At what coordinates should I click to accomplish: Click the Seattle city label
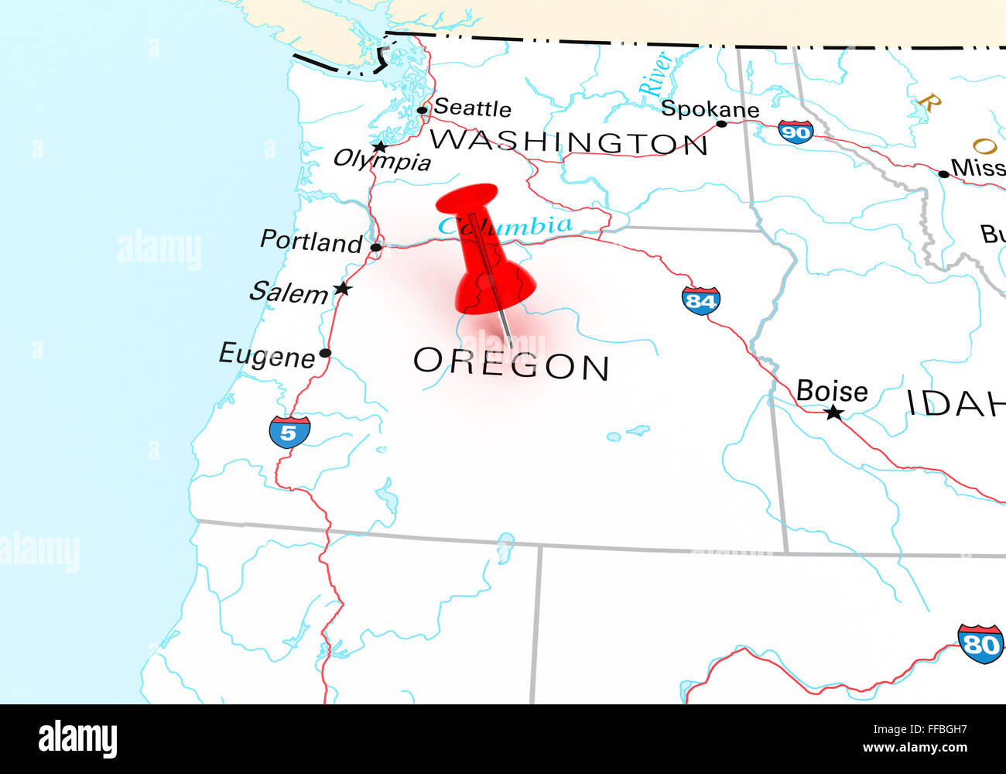tap(472, 108)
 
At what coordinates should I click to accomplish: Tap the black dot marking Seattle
tap(422, 110)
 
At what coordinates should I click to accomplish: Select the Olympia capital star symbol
tap(379, 146)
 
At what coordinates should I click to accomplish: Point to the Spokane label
tap(710, 109)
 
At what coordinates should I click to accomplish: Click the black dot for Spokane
tap(721, 123)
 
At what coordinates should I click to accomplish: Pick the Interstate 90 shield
tap(796, 132)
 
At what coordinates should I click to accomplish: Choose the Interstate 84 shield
tap(700, 300)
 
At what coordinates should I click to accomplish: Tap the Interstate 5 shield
tap(289, 432)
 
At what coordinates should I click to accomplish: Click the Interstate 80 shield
tap(980, 643)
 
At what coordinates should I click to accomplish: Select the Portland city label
tap(311, 241)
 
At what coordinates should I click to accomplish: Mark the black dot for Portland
tap(375, 248)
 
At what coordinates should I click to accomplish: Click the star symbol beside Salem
tap(342, 289)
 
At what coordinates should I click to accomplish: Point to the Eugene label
tap(267, 355)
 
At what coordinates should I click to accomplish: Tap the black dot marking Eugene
tap(325, 353)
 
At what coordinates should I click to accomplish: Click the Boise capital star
tap(833, 413)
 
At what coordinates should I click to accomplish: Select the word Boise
tap(832, 391)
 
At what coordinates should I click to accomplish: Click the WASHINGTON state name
tap(569, 142)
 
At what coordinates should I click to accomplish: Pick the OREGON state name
tap(512, 365)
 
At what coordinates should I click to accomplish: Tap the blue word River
tap(655, 74)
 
